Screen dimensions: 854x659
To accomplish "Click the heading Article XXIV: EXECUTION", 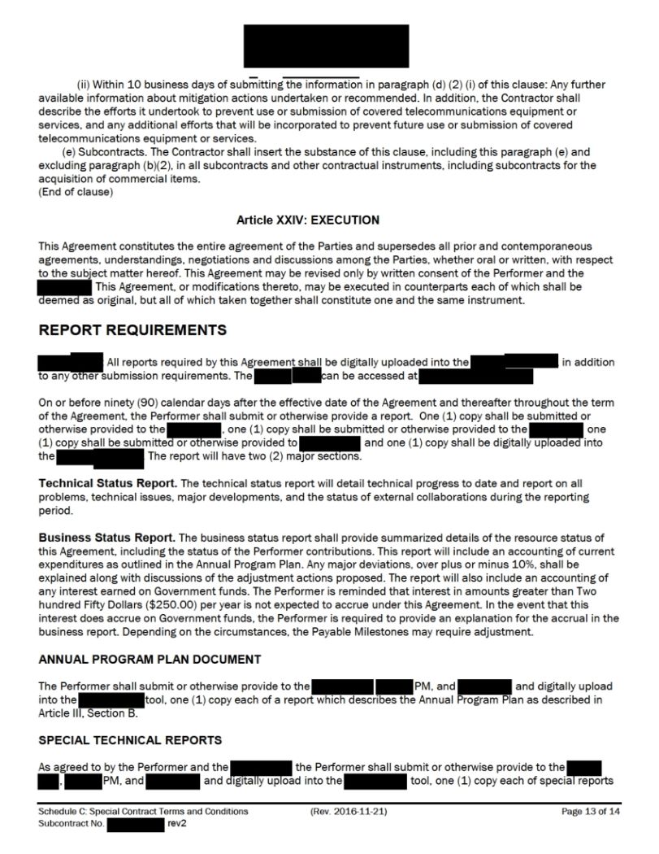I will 308,220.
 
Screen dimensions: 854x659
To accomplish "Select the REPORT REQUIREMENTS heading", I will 132,330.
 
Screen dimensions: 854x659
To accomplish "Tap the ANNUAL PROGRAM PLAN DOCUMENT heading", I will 150,659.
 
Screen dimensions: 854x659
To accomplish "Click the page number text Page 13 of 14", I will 591,812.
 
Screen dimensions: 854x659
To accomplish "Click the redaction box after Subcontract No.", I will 136,824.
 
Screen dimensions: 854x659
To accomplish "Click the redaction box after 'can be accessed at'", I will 476,376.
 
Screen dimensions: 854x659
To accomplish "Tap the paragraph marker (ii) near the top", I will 84,85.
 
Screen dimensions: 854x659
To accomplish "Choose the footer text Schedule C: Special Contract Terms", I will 143,812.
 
